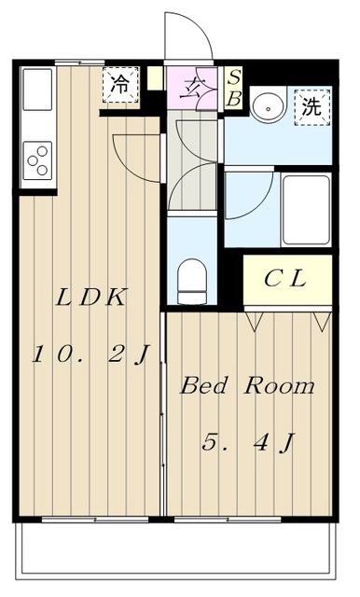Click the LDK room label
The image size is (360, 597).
[x=91, y=298]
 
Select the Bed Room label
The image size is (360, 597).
[x=247, y=386]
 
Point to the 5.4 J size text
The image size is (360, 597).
[x=248, y=442]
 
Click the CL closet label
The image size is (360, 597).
[x=286, y=278]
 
